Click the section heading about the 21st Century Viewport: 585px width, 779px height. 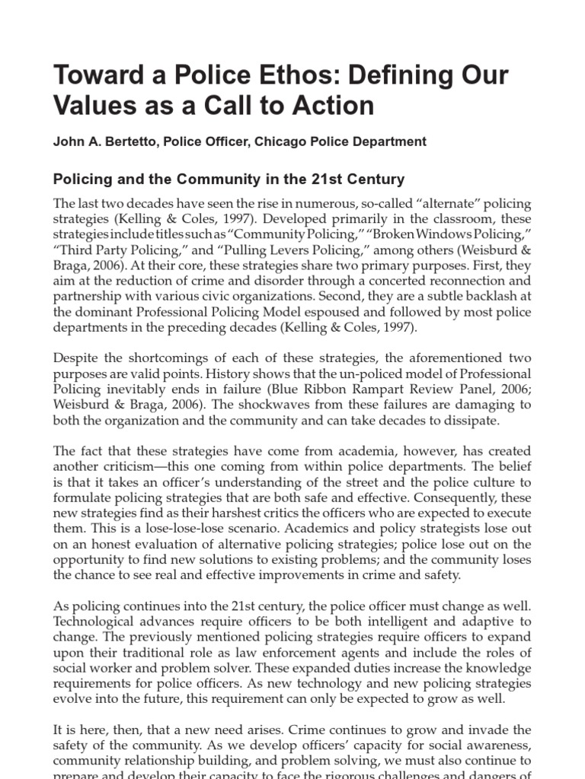click(229, 180)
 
